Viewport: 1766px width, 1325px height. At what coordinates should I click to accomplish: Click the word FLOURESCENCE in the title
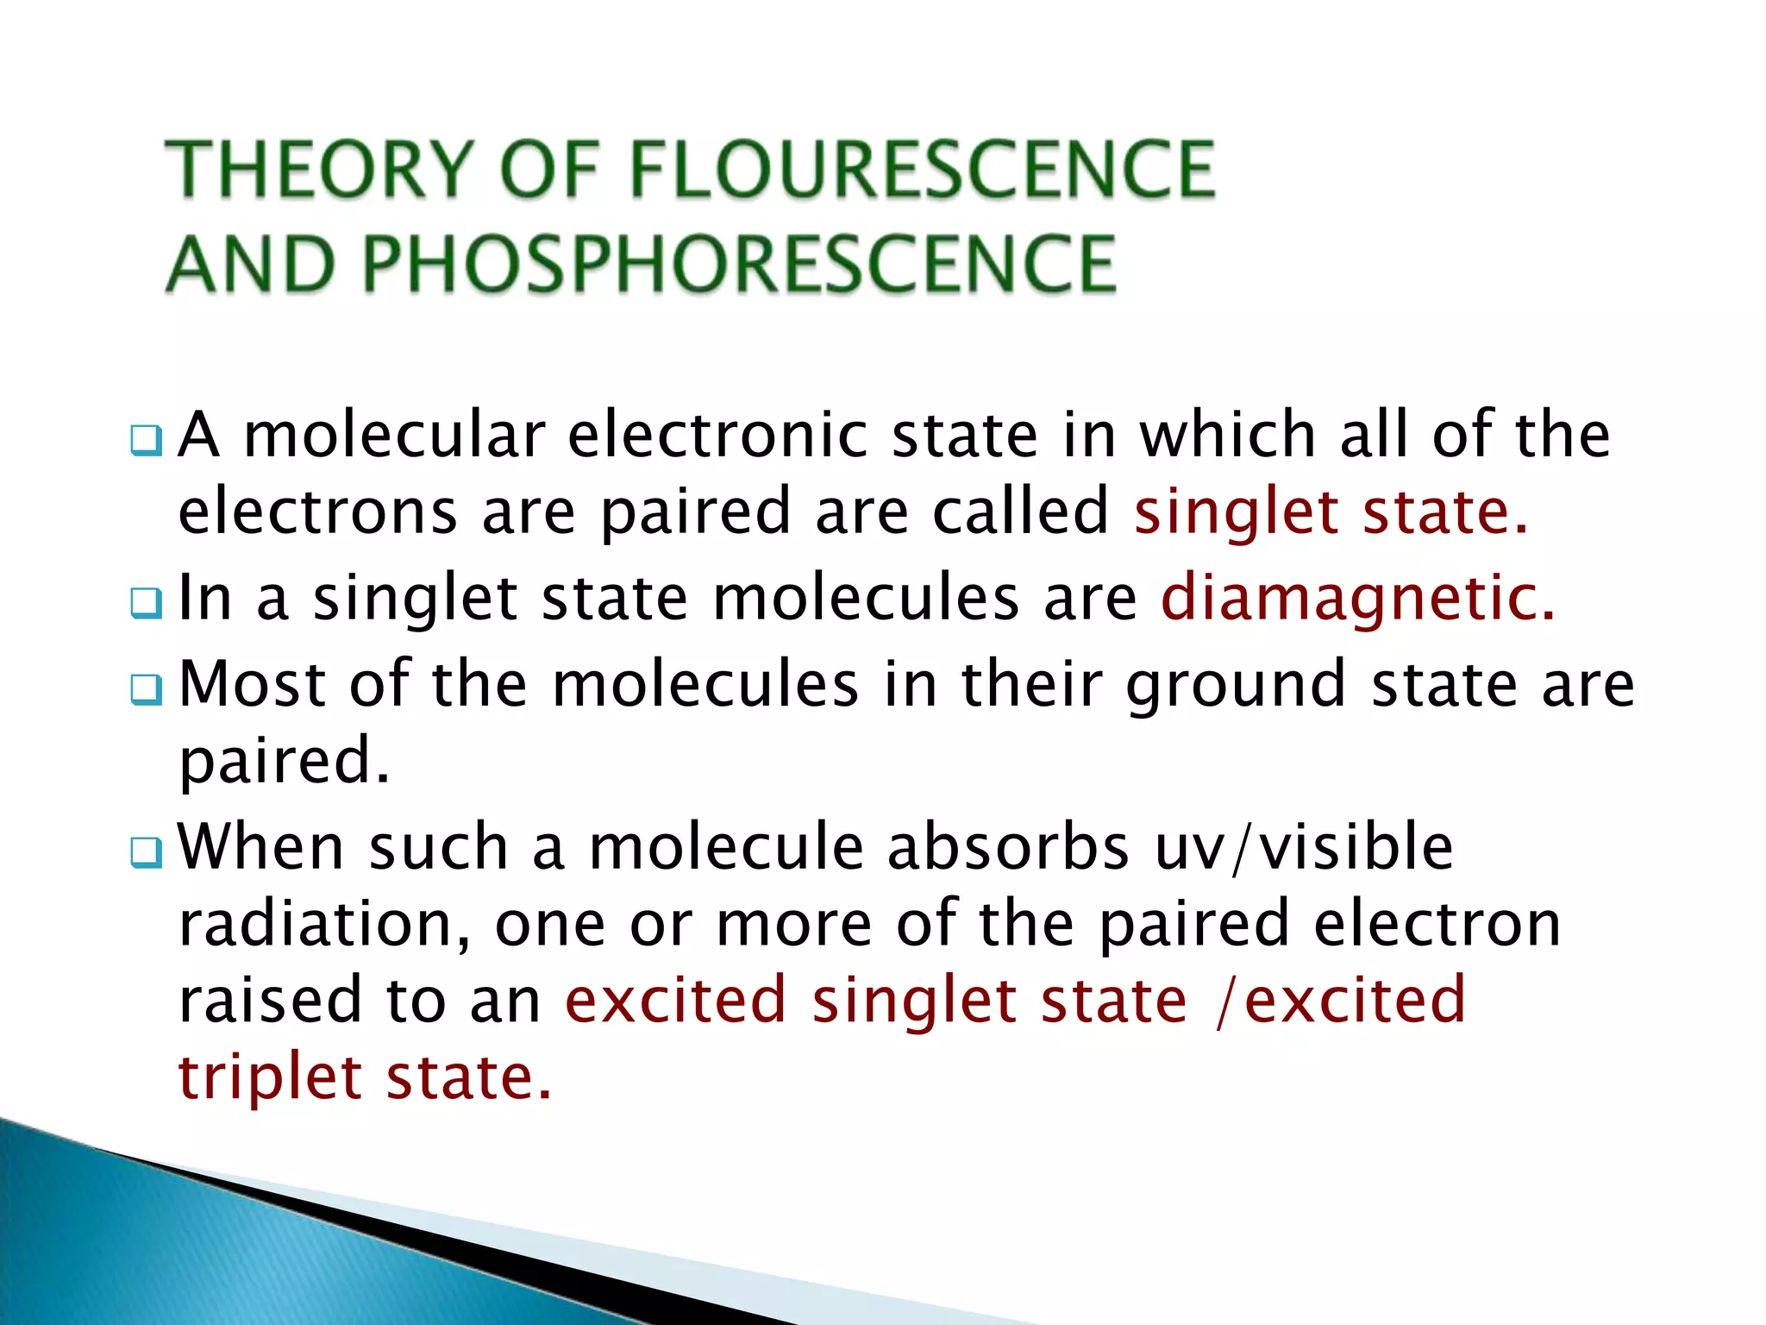coord(923,169)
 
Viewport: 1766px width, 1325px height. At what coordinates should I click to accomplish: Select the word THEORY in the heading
coord(319,169)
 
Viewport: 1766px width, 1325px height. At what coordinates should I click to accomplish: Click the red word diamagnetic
coord(1357,597)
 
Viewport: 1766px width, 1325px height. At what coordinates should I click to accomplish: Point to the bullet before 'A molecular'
coord(146,441)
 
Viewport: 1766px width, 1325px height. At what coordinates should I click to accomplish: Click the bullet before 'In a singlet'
coord(146,603)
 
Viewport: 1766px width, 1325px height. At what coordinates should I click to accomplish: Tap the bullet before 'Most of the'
coord(146,689)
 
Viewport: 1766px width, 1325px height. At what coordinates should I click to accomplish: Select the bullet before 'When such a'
coord(146,852)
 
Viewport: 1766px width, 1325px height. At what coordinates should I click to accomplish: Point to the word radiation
coord(323,924)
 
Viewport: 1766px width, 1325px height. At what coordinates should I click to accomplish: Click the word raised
coord(270,1001)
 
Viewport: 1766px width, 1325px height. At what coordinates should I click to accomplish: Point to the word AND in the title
coord(250,264)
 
